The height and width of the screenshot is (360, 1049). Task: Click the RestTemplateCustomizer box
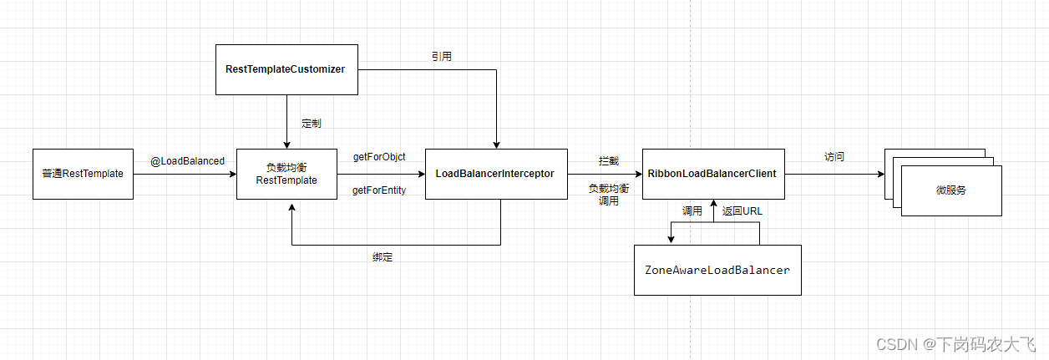click(285, 69)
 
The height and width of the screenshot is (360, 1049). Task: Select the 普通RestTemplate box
click(83, 174)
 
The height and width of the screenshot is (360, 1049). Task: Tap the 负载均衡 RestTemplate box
click(286, 174)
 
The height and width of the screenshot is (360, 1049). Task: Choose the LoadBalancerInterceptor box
click(495, 174)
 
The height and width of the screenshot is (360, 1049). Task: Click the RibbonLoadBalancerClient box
click(712, 174)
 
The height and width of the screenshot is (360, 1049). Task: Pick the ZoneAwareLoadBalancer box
click(717, 270)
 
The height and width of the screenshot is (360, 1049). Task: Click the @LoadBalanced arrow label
click(187, 160)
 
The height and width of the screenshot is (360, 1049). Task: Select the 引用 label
click(442, 57)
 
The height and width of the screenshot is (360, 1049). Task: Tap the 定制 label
click(312, 123)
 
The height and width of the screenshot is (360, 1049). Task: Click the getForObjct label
click(379, 157)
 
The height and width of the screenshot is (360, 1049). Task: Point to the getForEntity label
click(379, 190)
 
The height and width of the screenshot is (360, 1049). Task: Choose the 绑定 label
click(383, 257)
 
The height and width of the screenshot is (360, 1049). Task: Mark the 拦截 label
click(608, 160)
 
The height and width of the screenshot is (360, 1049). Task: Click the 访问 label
click(834, 157)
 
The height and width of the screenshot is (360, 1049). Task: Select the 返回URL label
click(742, 211)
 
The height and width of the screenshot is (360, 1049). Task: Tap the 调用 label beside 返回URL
click(692, 211)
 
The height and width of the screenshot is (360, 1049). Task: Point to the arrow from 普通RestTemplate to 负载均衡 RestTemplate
click(185, 175)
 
